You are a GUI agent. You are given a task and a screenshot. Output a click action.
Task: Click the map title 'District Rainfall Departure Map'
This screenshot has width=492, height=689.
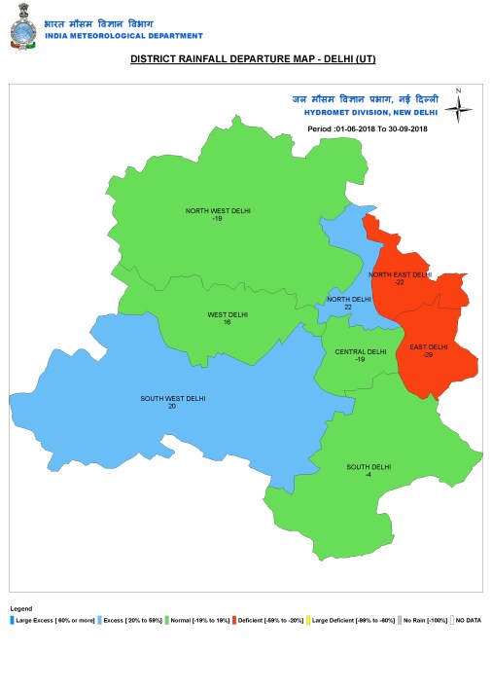pyautogui.click(x=252, y=59)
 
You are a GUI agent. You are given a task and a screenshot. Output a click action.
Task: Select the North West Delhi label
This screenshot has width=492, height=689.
pyautogui.click(x=217, y=210)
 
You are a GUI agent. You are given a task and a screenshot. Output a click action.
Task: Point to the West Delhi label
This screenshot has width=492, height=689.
pyautogui.click(x=228, y=314)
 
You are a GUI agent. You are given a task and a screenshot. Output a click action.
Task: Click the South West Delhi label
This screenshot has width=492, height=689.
pyautogui.click(x=172, y=398)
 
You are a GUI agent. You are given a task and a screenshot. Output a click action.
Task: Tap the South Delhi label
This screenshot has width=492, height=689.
pyautogui.click(x=369, y=467)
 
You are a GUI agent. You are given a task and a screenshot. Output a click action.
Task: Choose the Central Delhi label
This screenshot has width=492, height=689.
pyautogui.click(x=360, y=352)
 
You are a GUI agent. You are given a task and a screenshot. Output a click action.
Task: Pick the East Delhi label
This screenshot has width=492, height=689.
pyautogui.click(x=428, y=347)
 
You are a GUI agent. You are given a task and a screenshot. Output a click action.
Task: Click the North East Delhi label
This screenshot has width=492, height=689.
pyautogui.click(x=400, y=274)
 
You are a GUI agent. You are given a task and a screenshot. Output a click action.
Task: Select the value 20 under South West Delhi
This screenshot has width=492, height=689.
pyautogui.click(x=172, y=406)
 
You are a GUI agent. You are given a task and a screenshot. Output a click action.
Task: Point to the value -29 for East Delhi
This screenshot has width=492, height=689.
pyautogui.click(x=428, y=355)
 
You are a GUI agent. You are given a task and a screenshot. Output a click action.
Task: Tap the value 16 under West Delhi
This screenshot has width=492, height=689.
pyautogui.click(x=227, y=322)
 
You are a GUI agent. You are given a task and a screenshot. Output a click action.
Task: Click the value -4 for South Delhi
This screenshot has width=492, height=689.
pyautogui.click(x=369, y=475)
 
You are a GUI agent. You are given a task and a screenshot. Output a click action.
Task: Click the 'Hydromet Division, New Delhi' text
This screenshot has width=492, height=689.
pyautogui.click(x=371, y=114)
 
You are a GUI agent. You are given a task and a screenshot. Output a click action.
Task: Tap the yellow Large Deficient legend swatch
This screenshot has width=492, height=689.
pyautogui.click(x=308, y=620)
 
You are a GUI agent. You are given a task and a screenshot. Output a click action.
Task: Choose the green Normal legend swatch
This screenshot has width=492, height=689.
pyautogui.click(x=167, y=620)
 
